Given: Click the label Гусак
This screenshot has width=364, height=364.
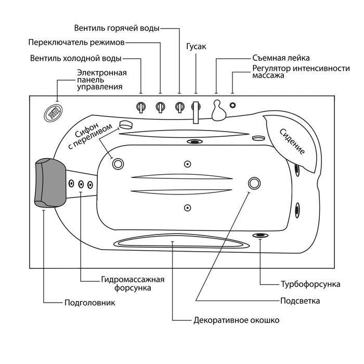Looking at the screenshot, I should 196,47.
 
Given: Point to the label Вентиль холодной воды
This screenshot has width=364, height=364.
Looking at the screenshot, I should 76,58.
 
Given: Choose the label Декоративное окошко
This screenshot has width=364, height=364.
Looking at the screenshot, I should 236,320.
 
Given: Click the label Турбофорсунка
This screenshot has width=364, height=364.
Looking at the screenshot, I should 310,284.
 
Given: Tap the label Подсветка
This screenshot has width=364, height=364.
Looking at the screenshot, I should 300,301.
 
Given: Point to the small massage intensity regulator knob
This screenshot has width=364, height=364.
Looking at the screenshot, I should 232,106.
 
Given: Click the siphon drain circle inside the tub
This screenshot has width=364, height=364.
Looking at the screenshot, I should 118,164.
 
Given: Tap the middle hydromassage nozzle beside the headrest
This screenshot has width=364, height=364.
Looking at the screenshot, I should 81,184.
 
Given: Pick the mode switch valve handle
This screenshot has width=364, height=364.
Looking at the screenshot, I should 160,107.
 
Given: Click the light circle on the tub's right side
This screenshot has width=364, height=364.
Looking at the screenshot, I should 255,183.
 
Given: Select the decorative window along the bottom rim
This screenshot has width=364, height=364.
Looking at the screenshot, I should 179,241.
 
